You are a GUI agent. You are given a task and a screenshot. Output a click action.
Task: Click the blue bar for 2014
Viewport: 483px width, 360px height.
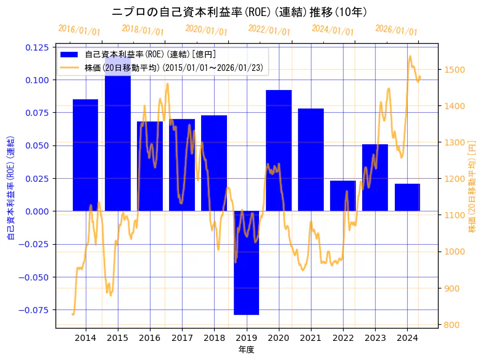85,155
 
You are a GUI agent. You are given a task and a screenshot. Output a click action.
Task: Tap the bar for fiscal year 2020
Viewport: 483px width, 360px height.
278,150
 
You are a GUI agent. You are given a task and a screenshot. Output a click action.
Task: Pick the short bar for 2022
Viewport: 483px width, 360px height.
343,195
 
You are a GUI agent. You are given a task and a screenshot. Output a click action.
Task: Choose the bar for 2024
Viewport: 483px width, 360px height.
407,197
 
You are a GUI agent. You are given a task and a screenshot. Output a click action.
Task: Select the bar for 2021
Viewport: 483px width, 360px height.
311,160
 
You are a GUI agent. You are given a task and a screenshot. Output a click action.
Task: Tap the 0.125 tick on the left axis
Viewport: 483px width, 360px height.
38,47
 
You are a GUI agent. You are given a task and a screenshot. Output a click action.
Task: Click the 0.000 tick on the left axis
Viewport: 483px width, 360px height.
38,211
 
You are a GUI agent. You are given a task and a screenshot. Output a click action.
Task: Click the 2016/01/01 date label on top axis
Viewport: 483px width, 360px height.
79,30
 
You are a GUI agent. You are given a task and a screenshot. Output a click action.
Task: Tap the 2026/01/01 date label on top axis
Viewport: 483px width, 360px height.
396,30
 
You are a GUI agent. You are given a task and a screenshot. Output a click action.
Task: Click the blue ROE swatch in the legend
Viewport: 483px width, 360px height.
70,54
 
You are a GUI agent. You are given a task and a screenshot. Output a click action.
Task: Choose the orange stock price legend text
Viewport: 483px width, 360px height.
176,68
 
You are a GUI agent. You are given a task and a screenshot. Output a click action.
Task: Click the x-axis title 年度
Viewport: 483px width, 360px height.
246,350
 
